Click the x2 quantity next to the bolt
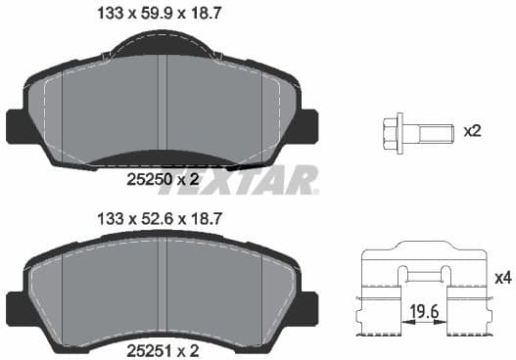[471, 129]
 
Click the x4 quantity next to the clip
[502, 278]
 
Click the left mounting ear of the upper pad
[17, 124]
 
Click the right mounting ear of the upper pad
[307, 124]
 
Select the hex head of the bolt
[393, 128]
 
